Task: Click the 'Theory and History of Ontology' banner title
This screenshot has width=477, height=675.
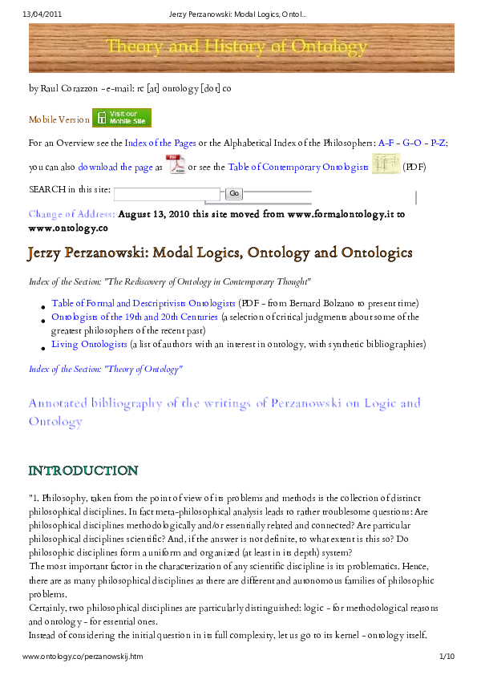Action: pos(237,46)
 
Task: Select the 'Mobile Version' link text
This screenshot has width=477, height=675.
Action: pos(59,119)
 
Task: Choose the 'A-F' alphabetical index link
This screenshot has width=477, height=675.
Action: pos(386,142)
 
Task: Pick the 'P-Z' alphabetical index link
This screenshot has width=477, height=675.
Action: pos(439,142)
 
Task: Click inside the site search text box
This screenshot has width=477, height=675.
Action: pos(168,193)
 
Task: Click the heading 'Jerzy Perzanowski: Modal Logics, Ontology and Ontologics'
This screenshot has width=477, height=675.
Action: pos(220,253)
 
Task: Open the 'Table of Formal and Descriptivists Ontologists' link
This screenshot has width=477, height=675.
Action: pos(144,303)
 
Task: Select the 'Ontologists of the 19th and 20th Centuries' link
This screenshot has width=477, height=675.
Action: pos(135,317)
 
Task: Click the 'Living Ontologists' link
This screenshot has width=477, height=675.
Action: pos(89,344)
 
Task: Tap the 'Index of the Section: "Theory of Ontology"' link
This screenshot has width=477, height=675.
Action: pos(106,369)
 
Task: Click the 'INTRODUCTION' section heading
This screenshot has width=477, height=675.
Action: pos(83,470)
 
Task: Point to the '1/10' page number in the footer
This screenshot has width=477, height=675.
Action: pos(447,657)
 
